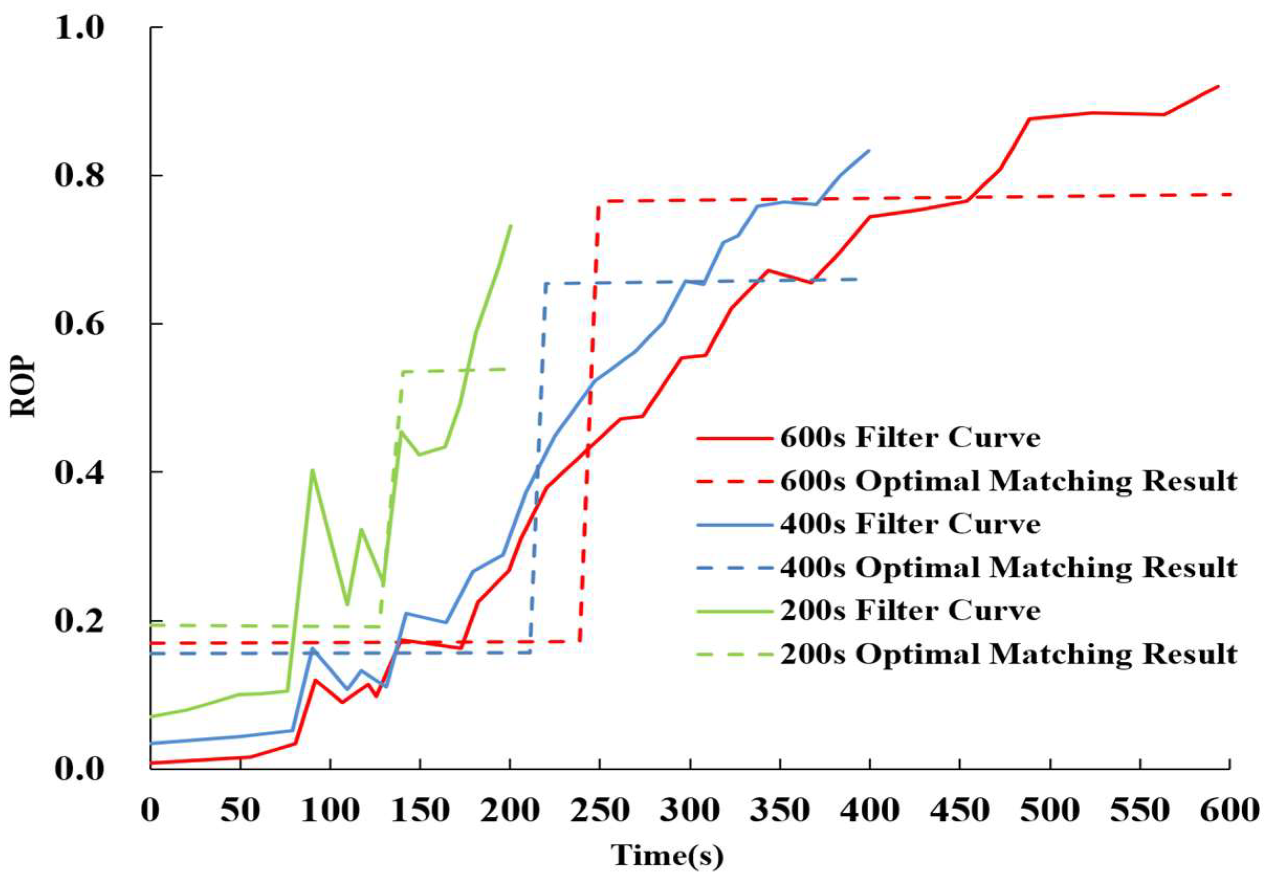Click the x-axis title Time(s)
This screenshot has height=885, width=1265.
click(x=667, y=856)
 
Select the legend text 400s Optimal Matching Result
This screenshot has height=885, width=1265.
click(x=1008, y=568)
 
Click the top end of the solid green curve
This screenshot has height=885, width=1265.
click(x=511, y=225)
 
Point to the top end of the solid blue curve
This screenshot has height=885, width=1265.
click(x=869, y=150)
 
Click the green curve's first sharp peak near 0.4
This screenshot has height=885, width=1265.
click(x=313, y=470)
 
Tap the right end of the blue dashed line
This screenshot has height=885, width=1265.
click(x=857, y=280)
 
